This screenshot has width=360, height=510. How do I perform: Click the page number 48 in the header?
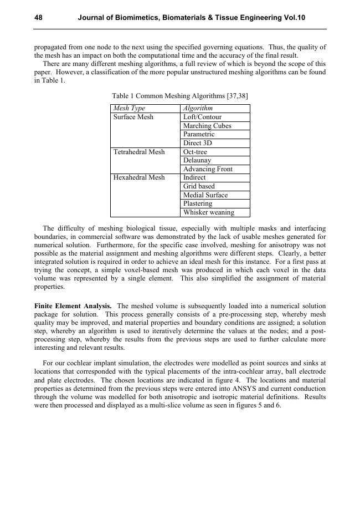point(39,18)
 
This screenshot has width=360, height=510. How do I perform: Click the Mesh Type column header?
point(129,109)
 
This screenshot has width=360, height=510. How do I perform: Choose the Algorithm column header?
point(198,109)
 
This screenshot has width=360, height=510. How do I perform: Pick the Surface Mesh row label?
point(133,118)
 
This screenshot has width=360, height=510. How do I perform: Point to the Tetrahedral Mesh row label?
point(139,152)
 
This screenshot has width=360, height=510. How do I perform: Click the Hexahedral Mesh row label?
point(139,178)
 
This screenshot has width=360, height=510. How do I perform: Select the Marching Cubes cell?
point(207,126)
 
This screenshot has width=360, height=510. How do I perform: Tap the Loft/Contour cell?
point(202,118)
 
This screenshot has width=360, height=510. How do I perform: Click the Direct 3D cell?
point(198,143)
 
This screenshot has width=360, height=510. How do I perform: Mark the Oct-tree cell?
point(195,152)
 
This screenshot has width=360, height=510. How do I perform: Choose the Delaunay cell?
point(197,160)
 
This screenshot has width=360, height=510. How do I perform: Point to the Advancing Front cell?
point(208,169)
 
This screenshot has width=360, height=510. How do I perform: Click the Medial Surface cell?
point(205,195)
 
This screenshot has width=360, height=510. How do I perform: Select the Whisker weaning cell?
point(209,212)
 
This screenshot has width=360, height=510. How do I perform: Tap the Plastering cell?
point(198,203)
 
